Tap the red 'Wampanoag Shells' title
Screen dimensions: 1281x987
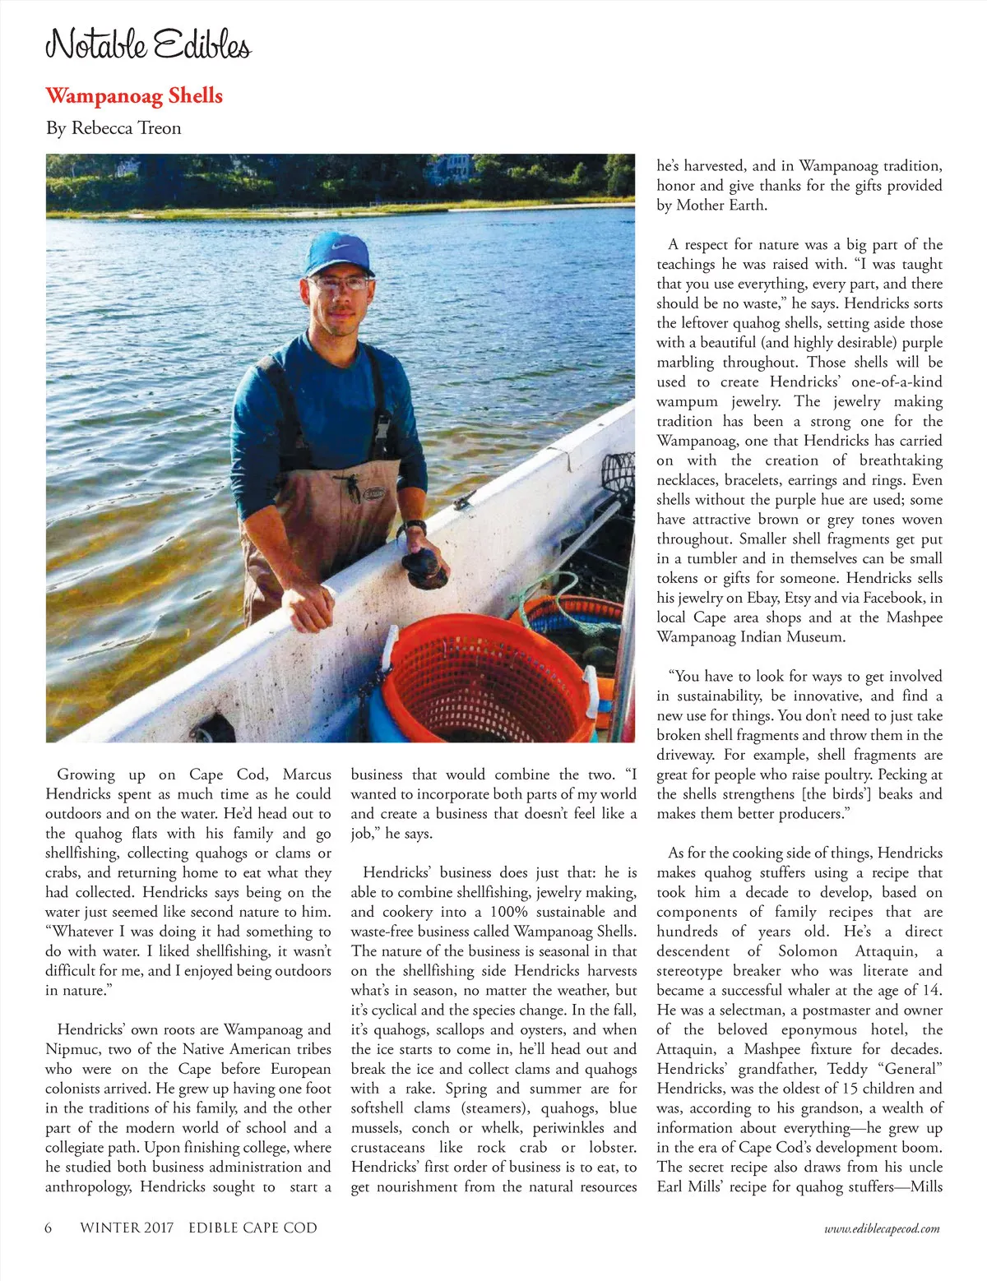(134, 95)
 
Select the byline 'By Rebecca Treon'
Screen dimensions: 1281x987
(114, 127)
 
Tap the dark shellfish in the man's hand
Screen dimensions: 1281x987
(424, 569)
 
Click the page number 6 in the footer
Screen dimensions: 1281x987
(49, 1228)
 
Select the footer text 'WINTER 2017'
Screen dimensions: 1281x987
(127, 1228)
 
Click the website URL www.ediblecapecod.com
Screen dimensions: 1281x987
(882, 1228)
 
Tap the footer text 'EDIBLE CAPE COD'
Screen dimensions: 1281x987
(253, 1228)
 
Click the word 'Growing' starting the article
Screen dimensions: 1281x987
(86, 775)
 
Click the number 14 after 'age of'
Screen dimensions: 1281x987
(933, 991)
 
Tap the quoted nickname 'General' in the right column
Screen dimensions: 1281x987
(910, 1069)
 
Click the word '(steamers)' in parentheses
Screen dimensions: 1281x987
(493, 1108)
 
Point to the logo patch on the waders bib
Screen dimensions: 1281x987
(374, 493)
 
